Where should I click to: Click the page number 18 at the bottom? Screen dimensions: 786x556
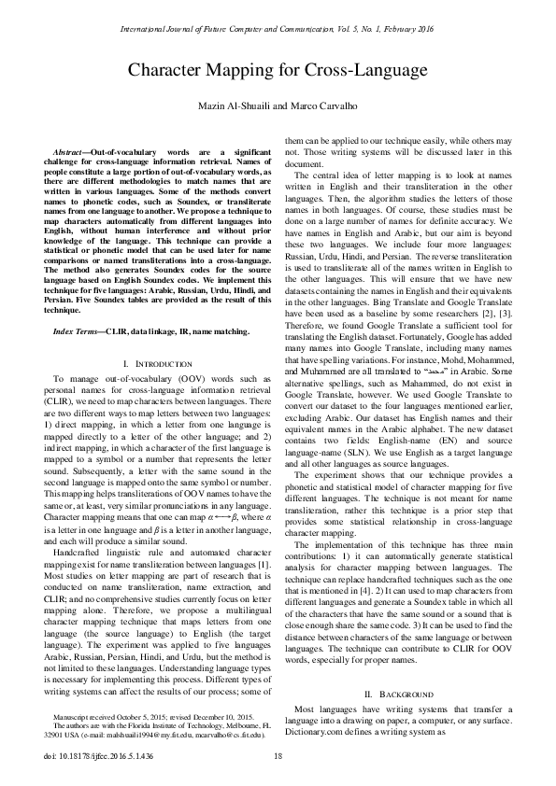[x=278, y=755]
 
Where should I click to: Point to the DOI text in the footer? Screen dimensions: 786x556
[x=93, y=755]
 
